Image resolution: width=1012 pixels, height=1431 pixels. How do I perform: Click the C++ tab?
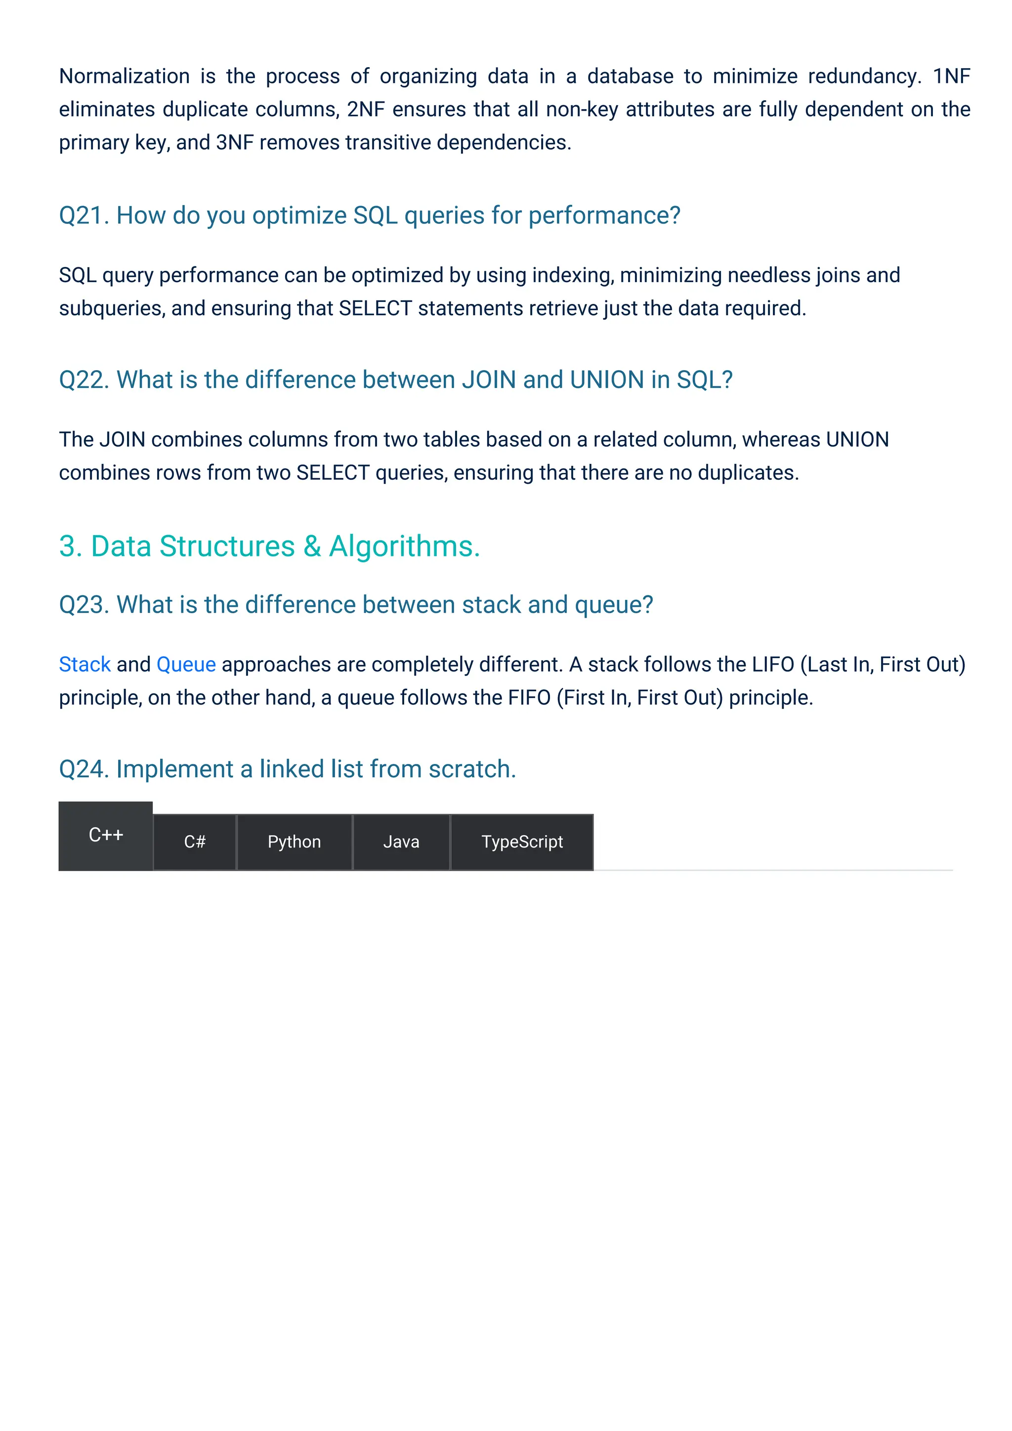(106, 835)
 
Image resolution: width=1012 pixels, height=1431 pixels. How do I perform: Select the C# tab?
(194, 842)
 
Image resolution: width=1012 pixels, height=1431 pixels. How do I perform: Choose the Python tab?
(294, 842)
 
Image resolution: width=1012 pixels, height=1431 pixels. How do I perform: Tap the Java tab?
(401, 842)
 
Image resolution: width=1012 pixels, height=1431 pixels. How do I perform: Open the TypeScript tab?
(522, 842)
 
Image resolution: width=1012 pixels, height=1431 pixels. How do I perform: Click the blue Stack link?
(85, 665)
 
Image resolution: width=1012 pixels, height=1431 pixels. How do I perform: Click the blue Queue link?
(186, 665)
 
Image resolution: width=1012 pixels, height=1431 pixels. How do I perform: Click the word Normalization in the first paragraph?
(124, 76)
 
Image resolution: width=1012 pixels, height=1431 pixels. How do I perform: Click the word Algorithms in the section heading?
(404, 547)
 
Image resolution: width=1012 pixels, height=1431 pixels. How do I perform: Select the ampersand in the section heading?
(312, 547)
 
